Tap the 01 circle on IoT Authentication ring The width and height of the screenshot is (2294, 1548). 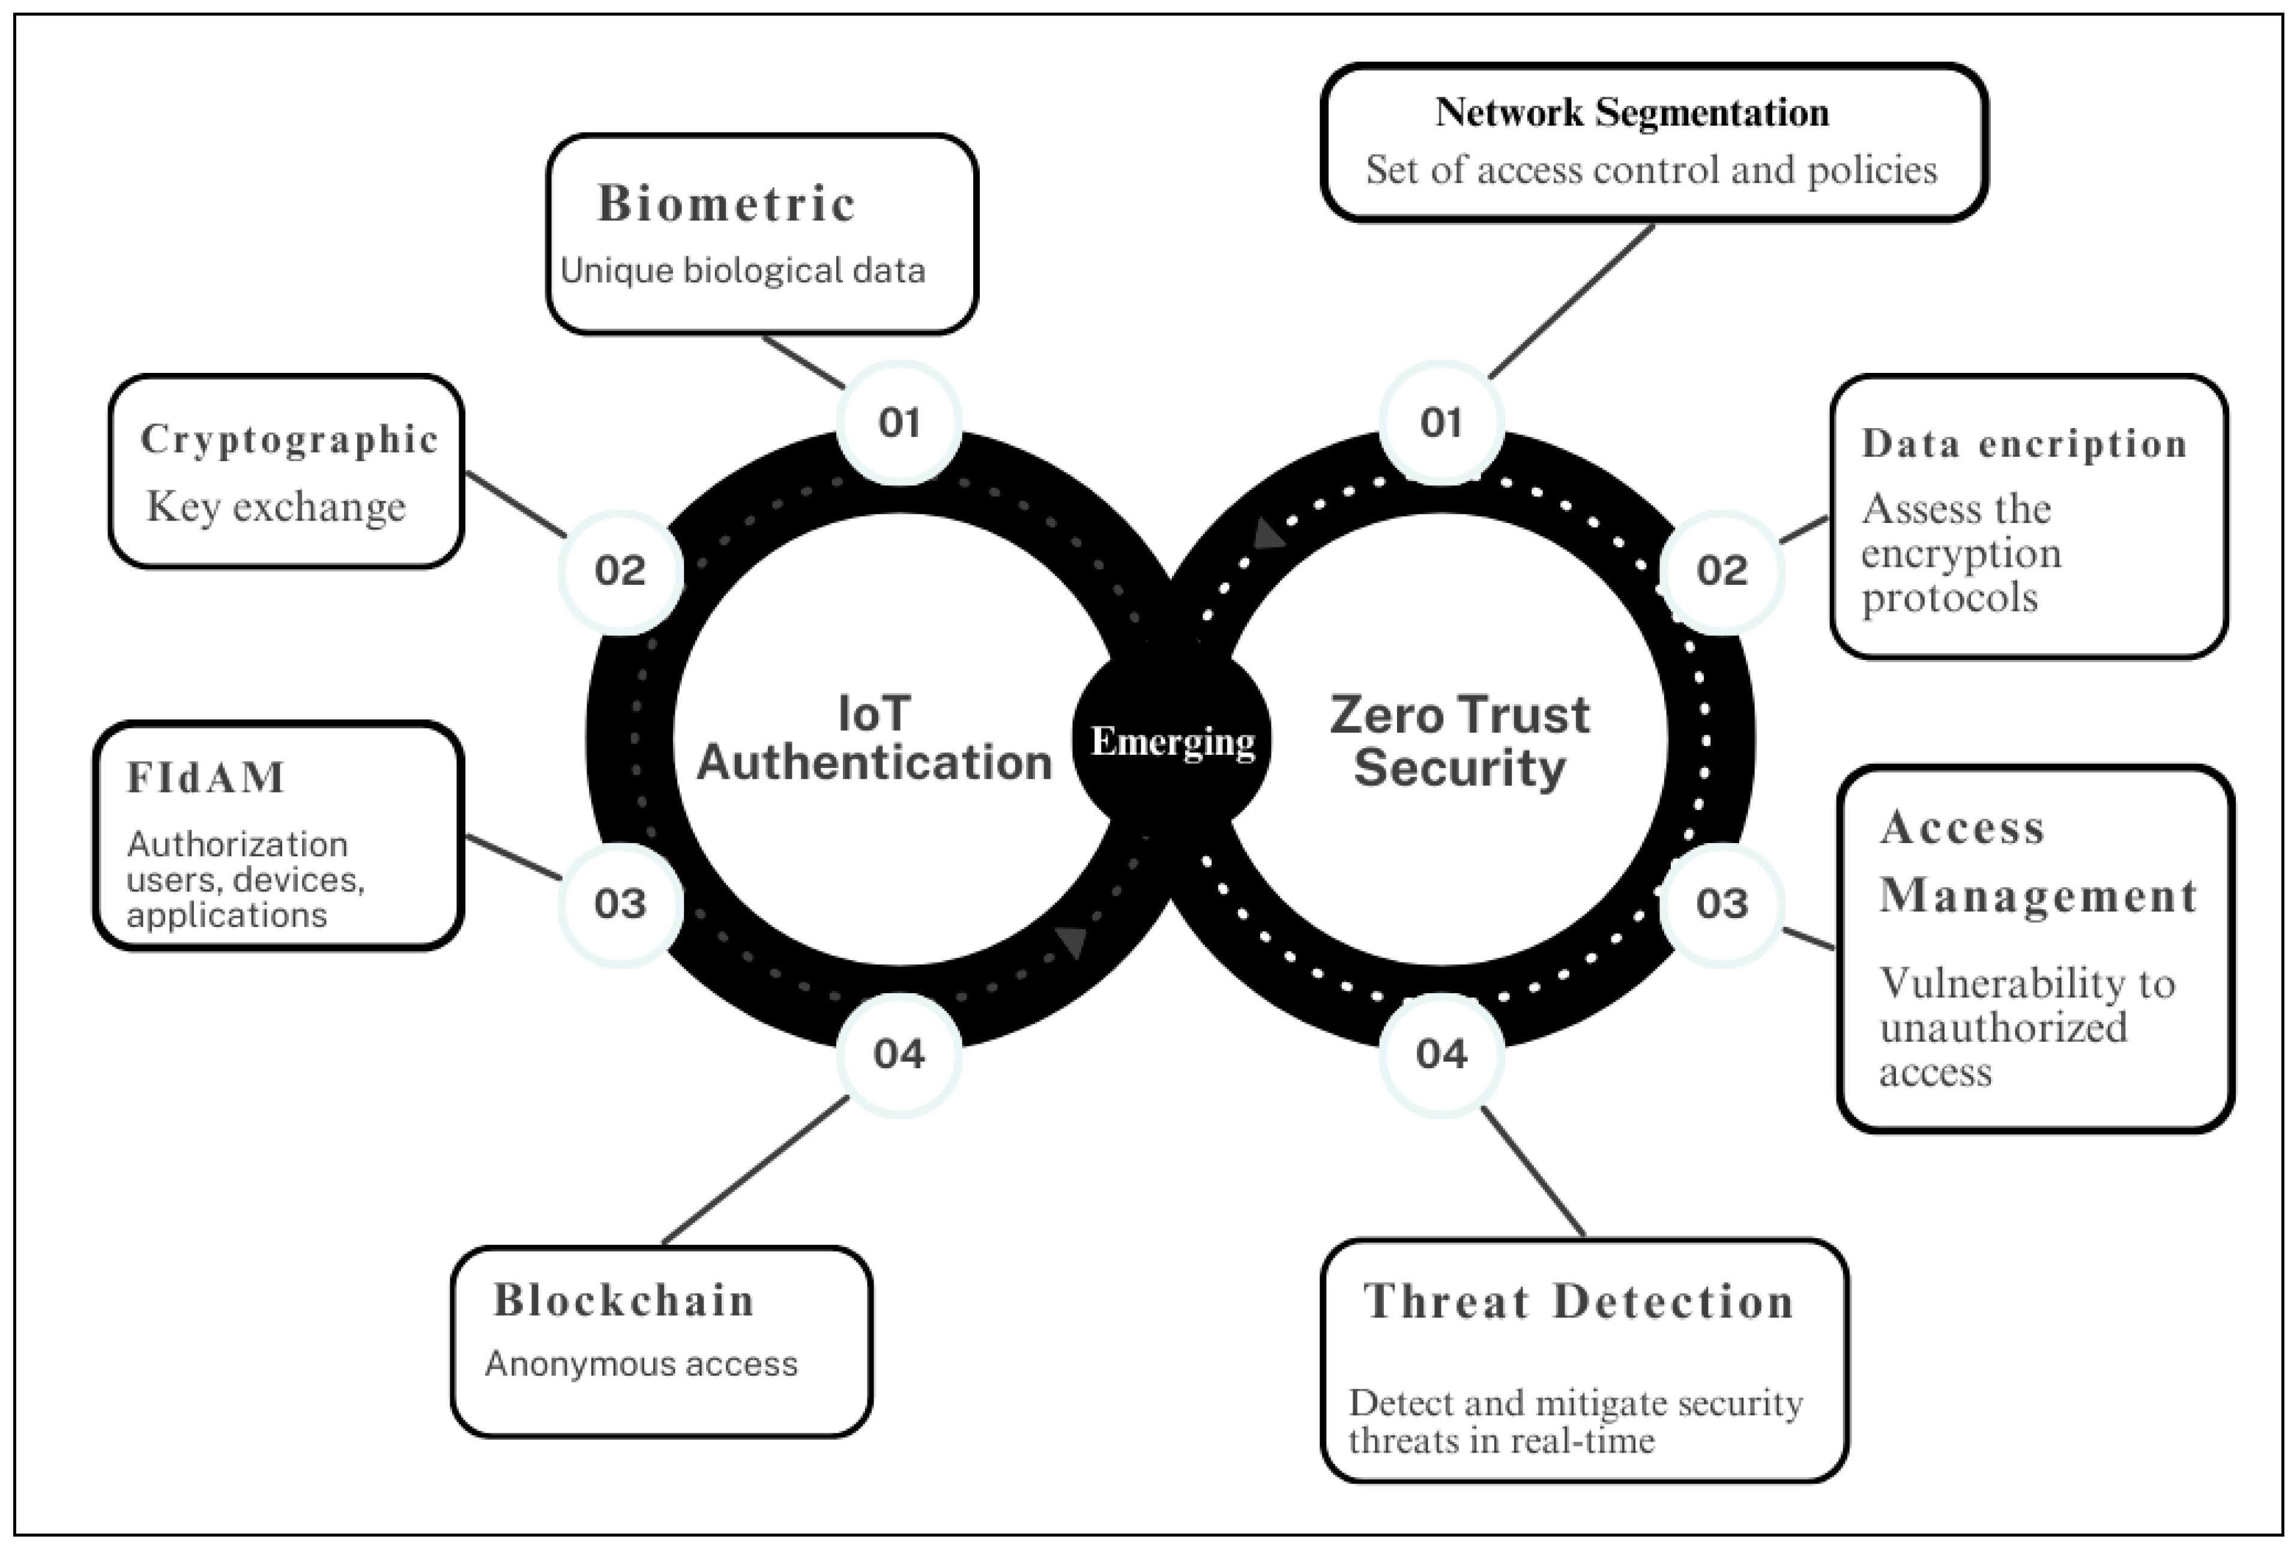(898, 423)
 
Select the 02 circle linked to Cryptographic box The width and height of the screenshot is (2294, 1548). (620, 570)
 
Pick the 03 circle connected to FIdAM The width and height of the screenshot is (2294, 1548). (620, 903)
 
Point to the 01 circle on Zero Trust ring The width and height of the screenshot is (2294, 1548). (1441, 423)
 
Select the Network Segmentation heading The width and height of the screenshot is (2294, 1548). (1632, 112)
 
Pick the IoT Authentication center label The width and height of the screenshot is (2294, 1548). (875, 739)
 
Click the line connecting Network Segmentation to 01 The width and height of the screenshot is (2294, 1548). (1571, 301)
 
